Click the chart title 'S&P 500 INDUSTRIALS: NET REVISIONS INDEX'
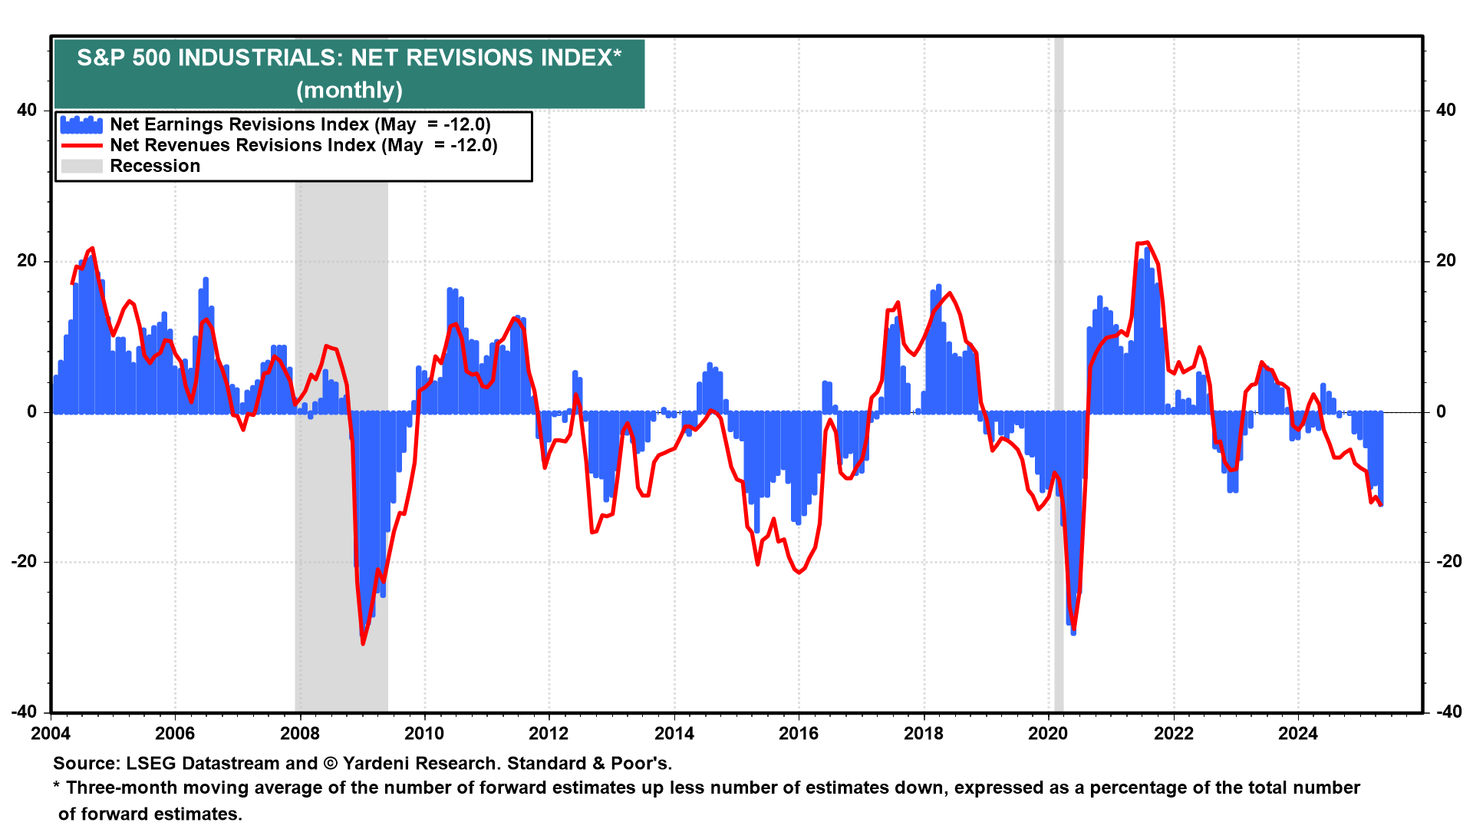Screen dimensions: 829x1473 click(x=349, y=58)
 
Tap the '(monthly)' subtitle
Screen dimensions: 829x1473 click(x=349, y=91)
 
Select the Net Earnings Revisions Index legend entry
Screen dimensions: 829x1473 click(x=299, y=124)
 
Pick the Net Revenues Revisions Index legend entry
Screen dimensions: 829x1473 click(x=303, y=145)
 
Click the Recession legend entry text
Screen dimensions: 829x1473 click(x=155, y=166)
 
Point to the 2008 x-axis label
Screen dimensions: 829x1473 click(x=300, y=733)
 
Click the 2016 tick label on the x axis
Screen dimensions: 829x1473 click(x=799, y=733)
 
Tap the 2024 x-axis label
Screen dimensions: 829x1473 click(x=1297, y=733)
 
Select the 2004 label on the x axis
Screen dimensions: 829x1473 click(x=51, y=733)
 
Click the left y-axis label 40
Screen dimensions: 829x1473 click(x=27, y=110)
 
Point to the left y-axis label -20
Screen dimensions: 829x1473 click(x=24, y=562)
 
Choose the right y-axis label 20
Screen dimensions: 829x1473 click(x=1446, y=261)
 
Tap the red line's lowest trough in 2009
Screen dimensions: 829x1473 click(x=363, y=643)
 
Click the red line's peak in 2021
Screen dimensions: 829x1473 click(x=1146, y=243)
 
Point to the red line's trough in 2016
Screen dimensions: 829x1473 click(x=799, y=572)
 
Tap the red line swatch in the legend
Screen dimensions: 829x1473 click(x=81, y=145)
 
